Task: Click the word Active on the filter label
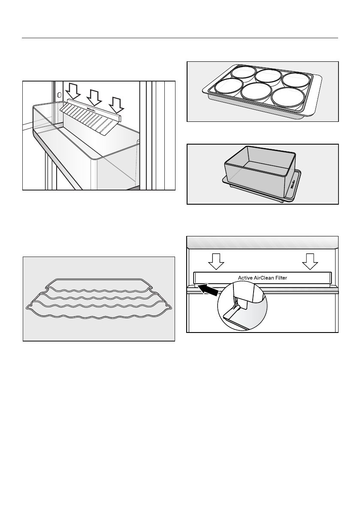246,278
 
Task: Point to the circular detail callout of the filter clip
242,305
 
